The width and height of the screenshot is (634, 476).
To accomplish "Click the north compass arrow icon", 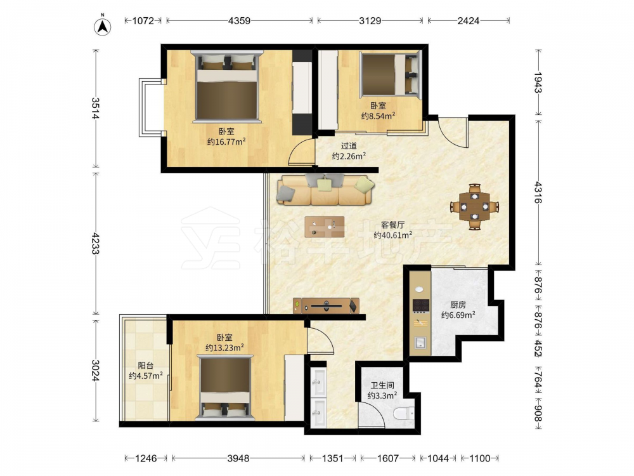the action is click(103, 26).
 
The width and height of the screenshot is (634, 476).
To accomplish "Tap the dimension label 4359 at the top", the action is click(239, 21).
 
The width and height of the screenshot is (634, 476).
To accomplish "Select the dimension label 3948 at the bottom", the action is click(238, 458).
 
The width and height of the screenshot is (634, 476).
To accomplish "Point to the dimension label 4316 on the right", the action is click(538, 192).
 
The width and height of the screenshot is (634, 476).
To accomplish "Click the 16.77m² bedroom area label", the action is click(226, 142).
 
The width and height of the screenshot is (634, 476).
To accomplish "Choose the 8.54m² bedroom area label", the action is click(378, 116).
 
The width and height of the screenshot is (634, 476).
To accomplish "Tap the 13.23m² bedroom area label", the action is click(224, 347).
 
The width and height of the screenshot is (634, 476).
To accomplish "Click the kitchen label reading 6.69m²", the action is click(458, 315).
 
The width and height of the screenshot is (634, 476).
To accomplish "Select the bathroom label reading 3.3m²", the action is click(382, 395).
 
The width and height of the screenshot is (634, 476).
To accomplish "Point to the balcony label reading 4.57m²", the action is click(146, 376).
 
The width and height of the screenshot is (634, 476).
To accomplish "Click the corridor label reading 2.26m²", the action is click(349, 156).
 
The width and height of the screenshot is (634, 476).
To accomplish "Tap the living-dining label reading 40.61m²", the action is click(392, 235).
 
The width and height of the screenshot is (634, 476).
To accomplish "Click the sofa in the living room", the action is click(325, 189).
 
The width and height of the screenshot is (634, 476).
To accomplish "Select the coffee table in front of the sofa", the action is click(325, 227).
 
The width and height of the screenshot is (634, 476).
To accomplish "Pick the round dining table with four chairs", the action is click(474, 207).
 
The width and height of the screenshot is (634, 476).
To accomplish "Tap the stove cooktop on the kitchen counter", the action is click(420, 305).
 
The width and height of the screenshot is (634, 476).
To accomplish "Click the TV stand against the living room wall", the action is click(326, 306).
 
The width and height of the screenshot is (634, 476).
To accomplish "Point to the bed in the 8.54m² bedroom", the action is click(390, 75).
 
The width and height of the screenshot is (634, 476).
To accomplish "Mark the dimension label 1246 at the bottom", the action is click(146, 458).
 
